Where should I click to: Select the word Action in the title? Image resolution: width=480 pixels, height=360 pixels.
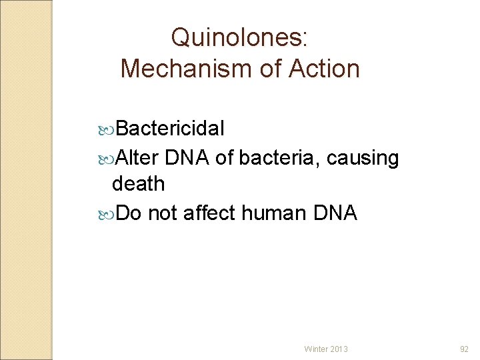point(324,68)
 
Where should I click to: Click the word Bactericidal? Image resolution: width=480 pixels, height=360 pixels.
point(171,128)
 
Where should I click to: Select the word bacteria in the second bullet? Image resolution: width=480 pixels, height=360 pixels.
point(279,158)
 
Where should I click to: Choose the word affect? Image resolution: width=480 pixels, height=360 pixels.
point(209,213)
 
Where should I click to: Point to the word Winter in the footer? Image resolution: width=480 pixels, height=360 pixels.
point(316,349)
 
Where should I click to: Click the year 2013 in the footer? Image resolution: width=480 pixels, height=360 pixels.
point(339,349)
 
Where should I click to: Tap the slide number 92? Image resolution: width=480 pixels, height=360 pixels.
point(465,349)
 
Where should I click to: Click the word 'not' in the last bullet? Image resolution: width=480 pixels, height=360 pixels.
point(162,213)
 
